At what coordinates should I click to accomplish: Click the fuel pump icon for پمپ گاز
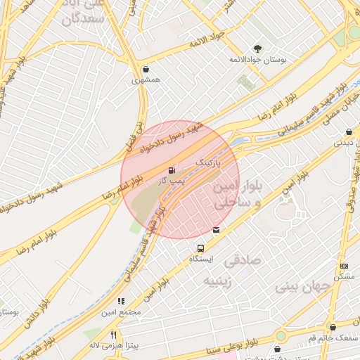tap(172, 171)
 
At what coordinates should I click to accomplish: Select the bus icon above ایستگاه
tap(201, 248)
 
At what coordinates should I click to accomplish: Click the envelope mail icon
tap(215, 229)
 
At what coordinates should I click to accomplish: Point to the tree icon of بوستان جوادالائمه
tap(257, 48)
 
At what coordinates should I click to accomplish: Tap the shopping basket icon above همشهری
tap(146, 70)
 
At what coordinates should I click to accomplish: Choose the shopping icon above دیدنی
tap(349, 131)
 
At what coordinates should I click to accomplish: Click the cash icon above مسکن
tap(344, 266)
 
